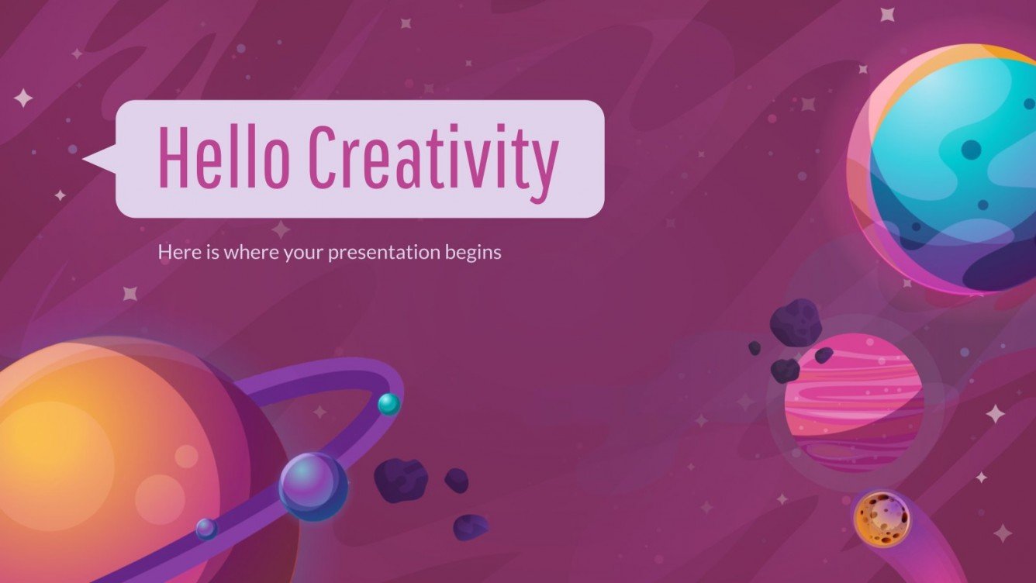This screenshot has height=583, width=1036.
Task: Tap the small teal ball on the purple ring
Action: (x=388, y=404)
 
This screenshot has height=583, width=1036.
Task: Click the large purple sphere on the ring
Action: (x=313, y=486)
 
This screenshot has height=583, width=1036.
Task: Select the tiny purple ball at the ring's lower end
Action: (x=206, y=529)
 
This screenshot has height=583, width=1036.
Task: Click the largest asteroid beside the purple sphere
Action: (x=400, y=480)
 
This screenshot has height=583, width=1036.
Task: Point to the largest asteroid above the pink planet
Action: (x=796, y=322)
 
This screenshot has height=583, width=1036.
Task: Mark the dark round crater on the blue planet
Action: (x=970, y=149)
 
